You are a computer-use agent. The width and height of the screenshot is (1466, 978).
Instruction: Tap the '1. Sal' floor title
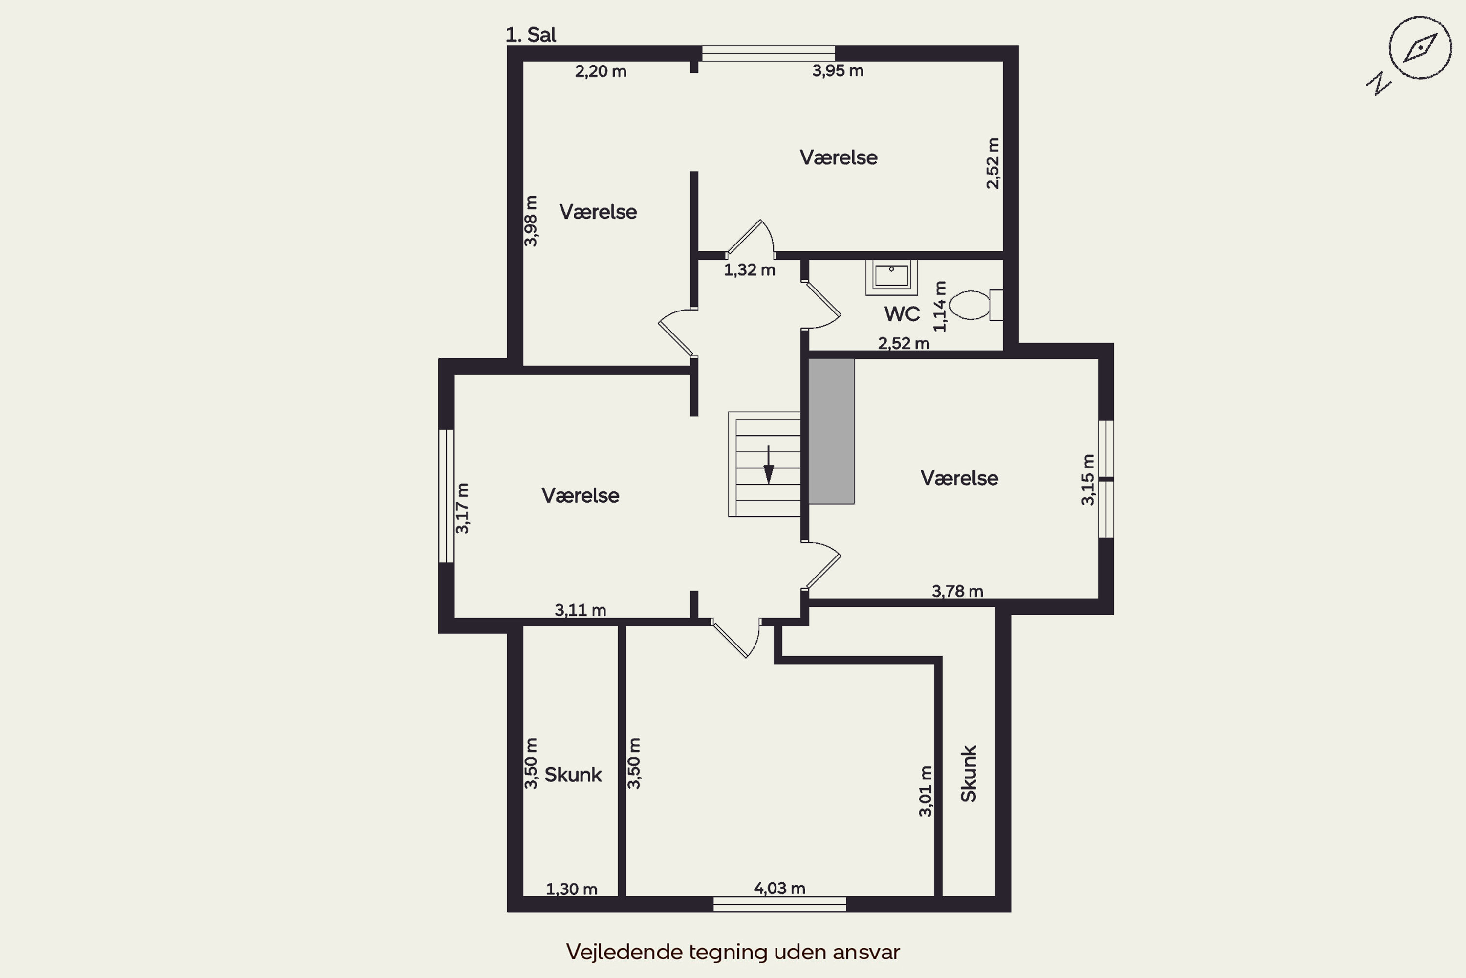click(530, 35)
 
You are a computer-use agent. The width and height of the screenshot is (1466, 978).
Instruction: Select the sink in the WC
click(891, 277)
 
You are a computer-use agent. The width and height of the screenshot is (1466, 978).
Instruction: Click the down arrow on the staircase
click(769, 465)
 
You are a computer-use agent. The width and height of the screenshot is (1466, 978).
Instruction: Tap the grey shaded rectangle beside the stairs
click(832, 431)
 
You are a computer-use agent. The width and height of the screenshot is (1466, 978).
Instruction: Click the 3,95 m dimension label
click(838, 71)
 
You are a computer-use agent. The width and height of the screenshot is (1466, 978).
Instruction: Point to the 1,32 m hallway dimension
click(749, 270)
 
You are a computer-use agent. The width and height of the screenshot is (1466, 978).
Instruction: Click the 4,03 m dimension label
click(779, 888)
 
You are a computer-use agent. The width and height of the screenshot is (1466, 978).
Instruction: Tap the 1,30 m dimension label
click(572, 889)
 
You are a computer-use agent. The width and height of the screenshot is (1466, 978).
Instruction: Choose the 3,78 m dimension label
click(957, 591)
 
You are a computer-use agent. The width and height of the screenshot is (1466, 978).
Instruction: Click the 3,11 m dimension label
click(581, 610)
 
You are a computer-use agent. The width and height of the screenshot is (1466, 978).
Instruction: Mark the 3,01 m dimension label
click(926, 791)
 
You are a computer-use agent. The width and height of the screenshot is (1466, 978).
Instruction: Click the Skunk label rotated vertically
click(969, 774)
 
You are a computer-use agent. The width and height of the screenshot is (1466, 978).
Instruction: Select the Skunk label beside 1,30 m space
click(573, 775)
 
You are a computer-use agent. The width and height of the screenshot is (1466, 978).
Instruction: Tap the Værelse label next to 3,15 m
click(959, 478)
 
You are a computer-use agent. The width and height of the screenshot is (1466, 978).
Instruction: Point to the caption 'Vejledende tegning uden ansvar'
click(733, 952)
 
